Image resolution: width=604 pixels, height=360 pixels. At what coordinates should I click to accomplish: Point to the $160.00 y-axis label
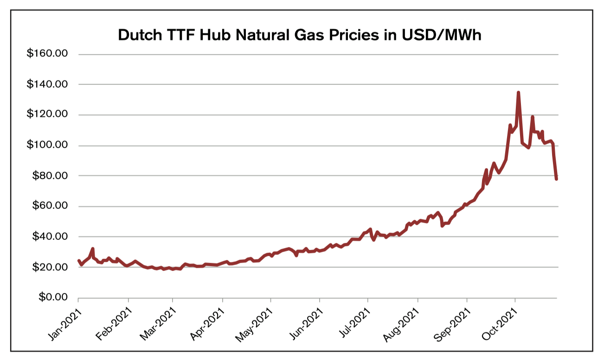pyautogui.click(x=47, y=54)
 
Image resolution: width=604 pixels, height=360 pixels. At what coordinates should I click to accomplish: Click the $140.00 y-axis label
pyautogui.click(x=47, y=84)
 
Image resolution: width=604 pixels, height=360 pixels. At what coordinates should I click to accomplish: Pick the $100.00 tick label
pyautogui.click(x=47, y=145)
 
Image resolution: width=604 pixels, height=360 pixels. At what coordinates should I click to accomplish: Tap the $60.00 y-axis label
pyautogui.click(x=49, y=206)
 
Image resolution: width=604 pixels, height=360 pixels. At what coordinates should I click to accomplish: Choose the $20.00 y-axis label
pyautogui.click(x=49, y=267)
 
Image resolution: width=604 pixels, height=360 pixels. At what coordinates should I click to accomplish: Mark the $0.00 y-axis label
pyautogui.click(x=51, y=297)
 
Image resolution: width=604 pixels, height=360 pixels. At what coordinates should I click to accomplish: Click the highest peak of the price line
pyautogui.click(x=518, y=92)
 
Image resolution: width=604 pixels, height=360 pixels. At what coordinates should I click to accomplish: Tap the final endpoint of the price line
pyautogui.click(x=556, y=179)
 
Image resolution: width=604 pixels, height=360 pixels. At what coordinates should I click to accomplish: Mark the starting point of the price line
pyautogui.click(x=78, y=261)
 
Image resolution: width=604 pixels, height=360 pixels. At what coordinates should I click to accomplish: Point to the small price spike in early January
pyautogui.click(x=93, y=249)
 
